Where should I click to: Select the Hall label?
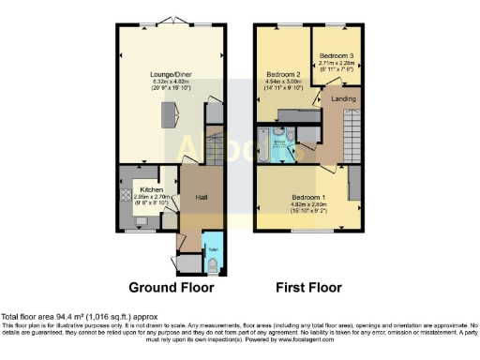coord(201,198)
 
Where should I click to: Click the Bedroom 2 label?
coord(282,74)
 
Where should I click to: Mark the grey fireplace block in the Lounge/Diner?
coord(170,115)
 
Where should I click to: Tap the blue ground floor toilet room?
coord(212,253)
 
